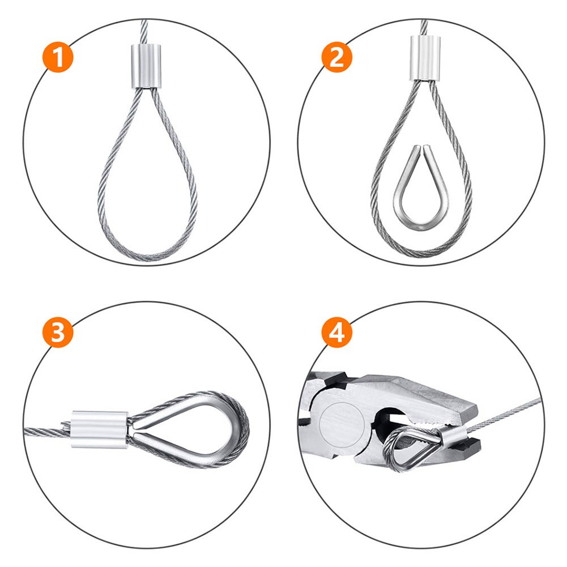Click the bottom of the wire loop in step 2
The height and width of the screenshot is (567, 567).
pyautogui.click(x=421, y=251)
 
